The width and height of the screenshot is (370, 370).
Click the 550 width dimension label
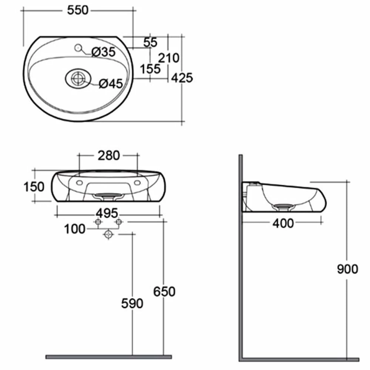[x=78, y=10]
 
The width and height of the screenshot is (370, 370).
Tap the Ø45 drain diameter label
[x=111, y=84]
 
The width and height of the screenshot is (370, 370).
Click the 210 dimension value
[x=169, y=58]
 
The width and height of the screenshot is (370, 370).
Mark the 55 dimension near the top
[x=151, y=42]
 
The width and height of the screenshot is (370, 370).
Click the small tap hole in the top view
[x=78, y=48]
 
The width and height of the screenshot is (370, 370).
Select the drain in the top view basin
[x=78, y=78]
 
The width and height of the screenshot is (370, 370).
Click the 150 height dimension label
[x=34, y=186]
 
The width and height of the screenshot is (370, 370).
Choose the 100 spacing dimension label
[x=74, y=229]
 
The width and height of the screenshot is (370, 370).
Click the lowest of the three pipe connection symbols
[x=108, y=234]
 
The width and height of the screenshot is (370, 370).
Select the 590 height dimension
[x=132, y=303]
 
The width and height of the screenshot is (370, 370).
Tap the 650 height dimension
[x=164, y=292]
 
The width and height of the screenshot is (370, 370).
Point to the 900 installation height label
[x=347, y=269]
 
